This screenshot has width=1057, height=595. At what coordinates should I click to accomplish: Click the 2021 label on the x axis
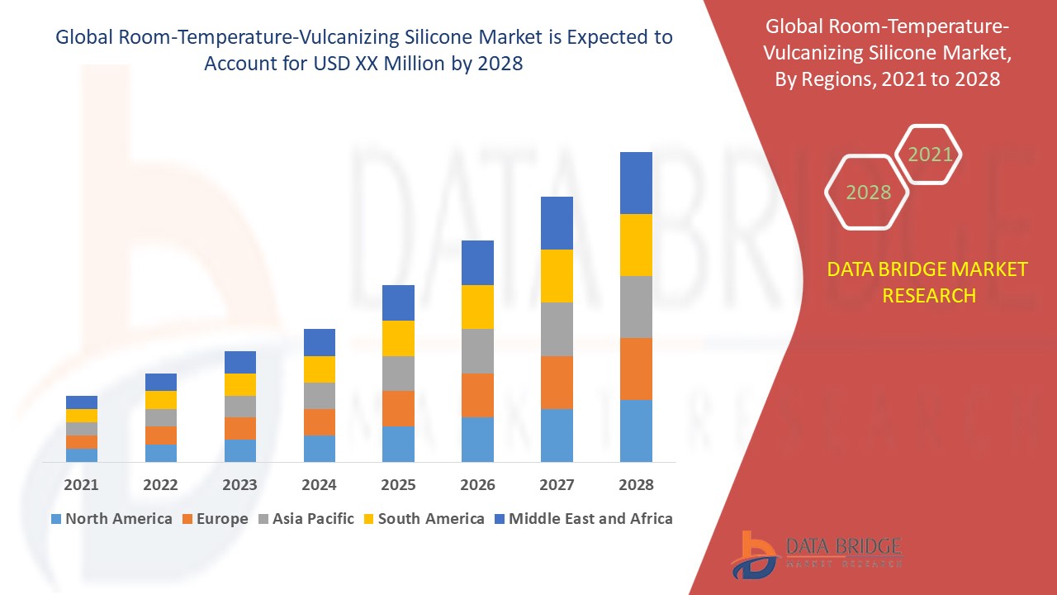(x=81, y=485)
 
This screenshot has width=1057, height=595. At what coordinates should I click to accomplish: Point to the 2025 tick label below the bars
(x=398, y=485)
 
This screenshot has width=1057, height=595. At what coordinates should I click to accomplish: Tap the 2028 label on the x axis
(x=636, y=485)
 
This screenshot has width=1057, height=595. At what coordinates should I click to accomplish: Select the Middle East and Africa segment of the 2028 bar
(x=636, y=183)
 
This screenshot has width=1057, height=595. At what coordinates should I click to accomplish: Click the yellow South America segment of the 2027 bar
(x=557, y=276)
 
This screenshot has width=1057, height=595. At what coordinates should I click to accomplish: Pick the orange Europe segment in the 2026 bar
(x=477, y=395)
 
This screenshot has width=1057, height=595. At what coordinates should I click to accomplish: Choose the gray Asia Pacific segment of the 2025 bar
(x=398, y=374)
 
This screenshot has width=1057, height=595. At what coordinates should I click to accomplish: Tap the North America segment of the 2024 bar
(x=319, y=448)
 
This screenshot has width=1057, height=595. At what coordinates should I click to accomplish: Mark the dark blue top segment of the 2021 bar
(x=81, y=402)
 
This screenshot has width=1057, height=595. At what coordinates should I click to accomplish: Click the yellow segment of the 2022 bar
(x=160, y=400)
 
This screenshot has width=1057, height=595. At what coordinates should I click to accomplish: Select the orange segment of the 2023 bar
(x=239, y=428)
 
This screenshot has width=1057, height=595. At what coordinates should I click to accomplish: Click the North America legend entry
(x=111, y=519)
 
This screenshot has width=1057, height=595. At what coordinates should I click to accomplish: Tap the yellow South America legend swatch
(x=369, y=519)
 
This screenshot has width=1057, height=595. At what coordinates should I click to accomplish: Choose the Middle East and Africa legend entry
(x=583, y=519)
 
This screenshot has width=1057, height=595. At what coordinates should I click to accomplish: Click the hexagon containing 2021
(x=930, y=155)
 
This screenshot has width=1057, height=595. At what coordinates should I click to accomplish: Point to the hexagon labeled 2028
(x=868, y=193)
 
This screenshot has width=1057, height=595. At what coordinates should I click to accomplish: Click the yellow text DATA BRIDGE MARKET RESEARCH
(x=928, y=282)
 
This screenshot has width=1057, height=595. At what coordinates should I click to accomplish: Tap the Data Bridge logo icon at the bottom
(x=753, y=554)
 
